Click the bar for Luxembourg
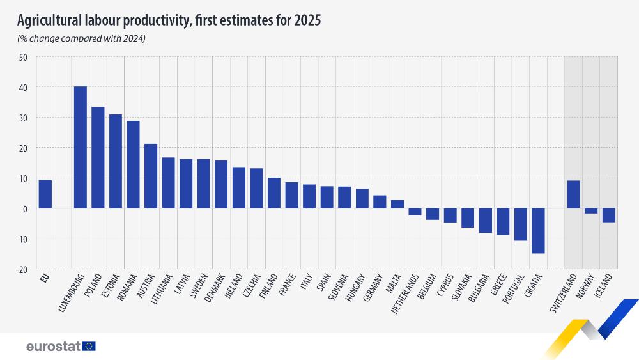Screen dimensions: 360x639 [x=81, y=147]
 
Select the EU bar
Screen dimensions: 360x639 [x=45, y=194]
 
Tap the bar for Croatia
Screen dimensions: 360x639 [x=538, y=231]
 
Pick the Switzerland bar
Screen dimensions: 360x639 [x=574, y=194]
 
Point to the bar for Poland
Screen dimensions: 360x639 [x=98, y=157]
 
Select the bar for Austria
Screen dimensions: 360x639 [x=151, y=176]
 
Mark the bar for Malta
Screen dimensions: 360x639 [x=397, y=205]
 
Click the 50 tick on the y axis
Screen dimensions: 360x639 [x=23, y=57]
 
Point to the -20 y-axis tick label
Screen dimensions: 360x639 [x=21, y=269]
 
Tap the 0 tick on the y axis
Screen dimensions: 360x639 [x=25, y=208]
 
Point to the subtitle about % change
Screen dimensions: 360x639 [x=81, y=39]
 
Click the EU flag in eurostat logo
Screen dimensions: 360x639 [x=89, y=346]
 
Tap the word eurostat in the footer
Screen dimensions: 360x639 [x=53, y=346]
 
